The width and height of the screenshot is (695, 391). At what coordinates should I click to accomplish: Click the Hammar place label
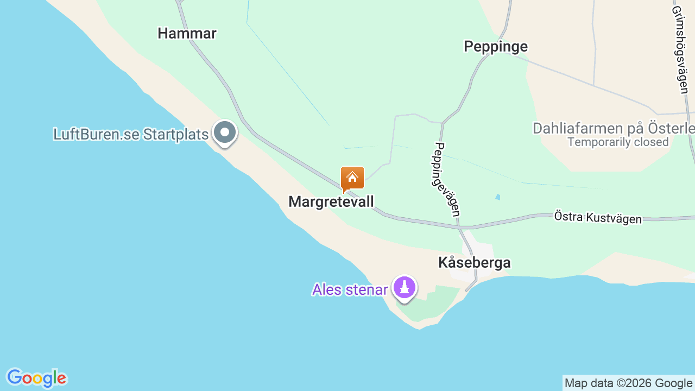point(187,34)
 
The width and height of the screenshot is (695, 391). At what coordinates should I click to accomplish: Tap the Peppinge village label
point(495,47)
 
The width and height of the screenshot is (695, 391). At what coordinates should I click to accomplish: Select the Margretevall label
point(331,202)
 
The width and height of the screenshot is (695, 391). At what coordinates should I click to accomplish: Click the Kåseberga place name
point(474,263)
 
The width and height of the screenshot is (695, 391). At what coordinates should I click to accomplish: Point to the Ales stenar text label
point(350,289)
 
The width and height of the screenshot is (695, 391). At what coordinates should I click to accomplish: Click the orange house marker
point(352,178)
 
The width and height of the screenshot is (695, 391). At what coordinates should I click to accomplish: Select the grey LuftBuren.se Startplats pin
point(224,133)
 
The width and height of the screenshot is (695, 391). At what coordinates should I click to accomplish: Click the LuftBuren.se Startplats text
point(131,134)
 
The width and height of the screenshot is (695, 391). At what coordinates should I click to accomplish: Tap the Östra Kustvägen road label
point(598,217)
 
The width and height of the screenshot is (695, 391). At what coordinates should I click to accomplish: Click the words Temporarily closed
point(618,142)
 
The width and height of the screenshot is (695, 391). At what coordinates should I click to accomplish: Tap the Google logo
point(36,378)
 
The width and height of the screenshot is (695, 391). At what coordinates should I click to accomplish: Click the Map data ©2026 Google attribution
point(628,383)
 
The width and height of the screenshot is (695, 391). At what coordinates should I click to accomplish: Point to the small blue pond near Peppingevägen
point(498,197)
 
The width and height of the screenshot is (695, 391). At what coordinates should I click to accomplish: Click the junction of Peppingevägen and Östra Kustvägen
point(459,227)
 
